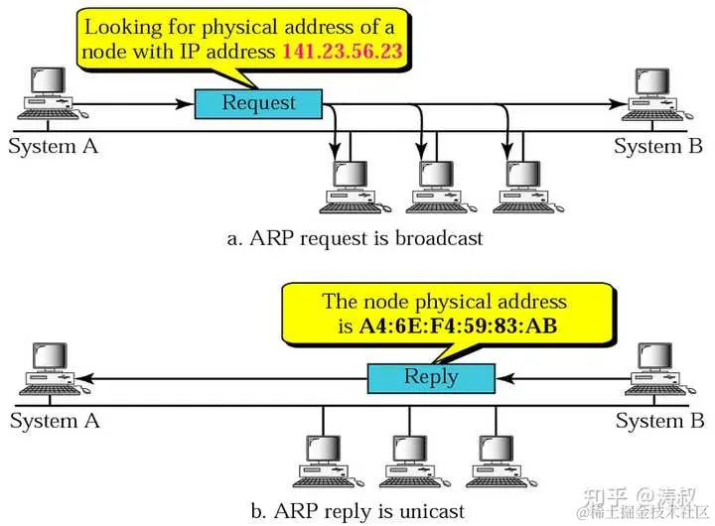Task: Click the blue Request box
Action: (258, 102)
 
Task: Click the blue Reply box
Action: (431, 377)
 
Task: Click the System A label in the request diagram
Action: (54, 147)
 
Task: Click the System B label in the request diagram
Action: (658, 147)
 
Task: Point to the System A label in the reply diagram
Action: (55, 421)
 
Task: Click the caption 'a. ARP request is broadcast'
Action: (356, 238)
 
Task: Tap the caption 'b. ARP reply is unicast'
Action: (357, 512)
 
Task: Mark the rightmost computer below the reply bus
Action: (497, 459)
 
